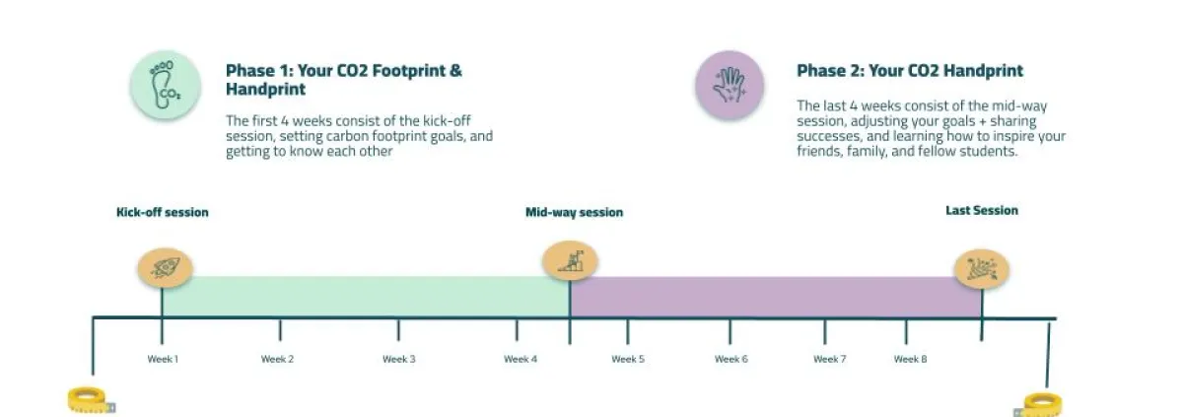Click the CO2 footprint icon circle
166,85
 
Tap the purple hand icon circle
730,85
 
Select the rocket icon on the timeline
166,267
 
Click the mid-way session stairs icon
571,261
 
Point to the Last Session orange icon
982,269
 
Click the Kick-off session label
162,212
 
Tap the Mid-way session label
574,212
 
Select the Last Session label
982,210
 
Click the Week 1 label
163,359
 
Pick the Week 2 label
277,359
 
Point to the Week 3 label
398,359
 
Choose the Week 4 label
521,359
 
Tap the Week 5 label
628,359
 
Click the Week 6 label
731,359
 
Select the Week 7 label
830,359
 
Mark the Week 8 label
910,359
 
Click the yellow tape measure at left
91,400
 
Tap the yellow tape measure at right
1039,405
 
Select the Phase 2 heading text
910,70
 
